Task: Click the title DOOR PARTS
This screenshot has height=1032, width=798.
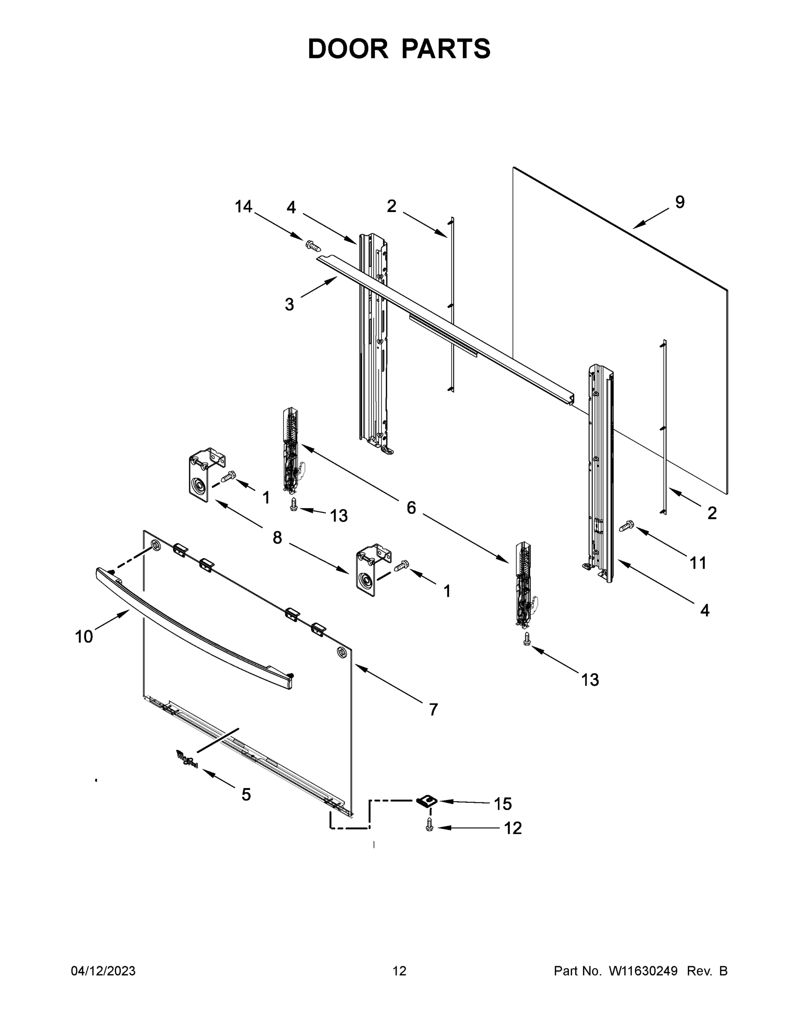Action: point(399,49)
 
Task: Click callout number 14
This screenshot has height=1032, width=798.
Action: point(244,206)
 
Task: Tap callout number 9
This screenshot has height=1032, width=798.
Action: point(679,202)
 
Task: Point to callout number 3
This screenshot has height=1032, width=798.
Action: point(290,304)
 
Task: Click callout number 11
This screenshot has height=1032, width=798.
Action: point(698,563)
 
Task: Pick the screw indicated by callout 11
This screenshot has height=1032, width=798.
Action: point(627,525)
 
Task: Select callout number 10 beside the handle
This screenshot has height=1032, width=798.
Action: point(84,636)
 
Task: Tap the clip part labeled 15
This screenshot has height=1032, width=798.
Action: point(426,801)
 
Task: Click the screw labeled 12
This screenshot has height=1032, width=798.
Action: point(429,825)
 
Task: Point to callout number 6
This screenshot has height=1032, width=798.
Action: point(411,508)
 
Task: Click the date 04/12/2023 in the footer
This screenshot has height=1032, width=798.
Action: point(103,971)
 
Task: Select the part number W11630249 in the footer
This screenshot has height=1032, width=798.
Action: point(643,971)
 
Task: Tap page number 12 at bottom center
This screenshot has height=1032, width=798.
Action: point(399,971)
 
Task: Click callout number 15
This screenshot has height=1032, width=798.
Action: point(502,803)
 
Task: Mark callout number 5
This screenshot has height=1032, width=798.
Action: point(246,794)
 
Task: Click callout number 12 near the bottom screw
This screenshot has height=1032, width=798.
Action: point(512,828)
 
